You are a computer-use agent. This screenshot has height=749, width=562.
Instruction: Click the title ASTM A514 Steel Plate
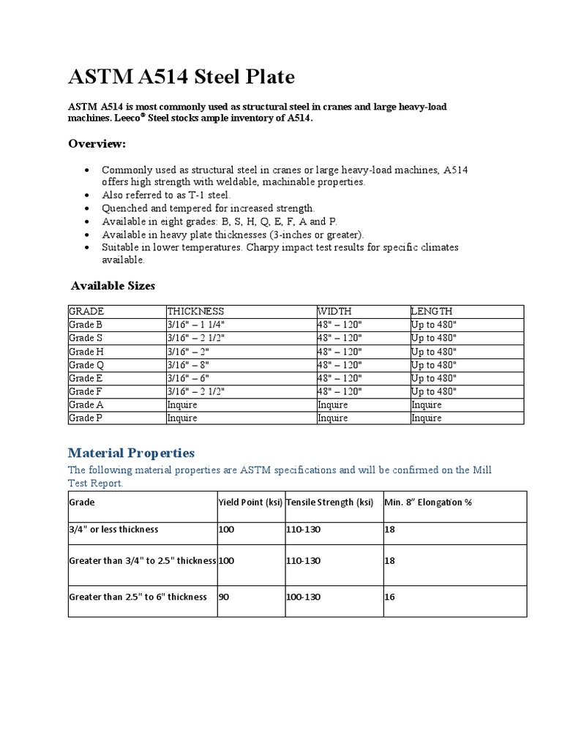point(181,76)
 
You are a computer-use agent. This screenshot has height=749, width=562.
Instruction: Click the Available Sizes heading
point(113,286)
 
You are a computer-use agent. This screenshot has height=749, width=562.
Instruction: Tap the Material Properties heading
point(131,453)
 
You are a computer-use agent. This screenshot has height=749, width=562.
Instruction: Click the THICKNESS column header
point(195,311)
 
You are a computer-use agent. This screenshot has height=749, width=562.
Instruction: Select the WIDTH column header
point(334,311)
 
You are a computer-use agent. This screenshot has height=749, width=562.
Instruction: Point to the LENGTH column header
point(432,311)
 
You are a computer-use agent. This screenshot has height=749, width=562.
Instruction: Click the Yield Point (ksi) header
point(250,503)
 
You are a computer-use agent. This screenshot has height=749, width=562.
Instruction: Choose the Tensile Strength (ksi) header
point(329,503)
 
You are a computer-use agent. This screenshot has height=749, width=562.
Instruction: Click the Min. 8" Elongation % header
point(429,503)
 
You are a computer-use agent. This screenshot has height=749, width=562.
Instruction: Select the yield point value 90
point(225,596)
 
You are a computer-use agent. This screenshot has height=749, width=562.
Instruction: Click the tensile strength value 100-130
point(304,596)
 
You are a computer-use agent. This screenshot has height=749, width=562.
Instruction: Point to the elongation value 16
point(389,596)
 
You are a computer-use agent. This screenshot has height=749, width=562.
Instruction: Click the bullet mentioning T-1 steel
point(166,195)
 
